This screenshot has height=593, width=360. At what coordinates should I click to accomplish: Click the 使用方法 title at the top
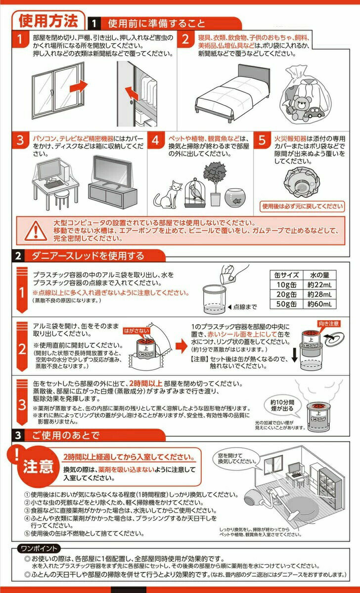pyautogui.click(x=48, y=21)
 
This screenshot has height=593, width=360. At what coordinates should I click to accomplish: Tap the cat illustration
pyautogui.click(x=168, y=194)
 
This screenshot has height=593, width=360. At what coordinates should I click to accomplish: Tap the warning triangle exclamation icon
pyautogui.click(x=35, y=229)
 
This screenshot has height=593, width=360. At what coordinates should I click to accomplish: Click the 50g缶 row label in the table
pyautogui.click(x=286, y=304)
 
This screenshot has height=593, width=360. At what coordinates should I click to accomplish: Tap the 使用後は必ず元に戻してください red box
pyautogui.click(x=302, y=207)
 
